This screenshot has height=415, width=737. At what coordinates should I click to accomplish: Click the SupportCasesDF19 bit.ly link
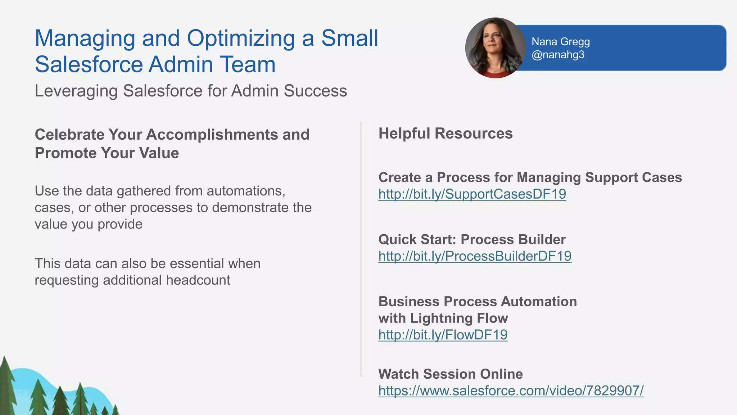point(472,194)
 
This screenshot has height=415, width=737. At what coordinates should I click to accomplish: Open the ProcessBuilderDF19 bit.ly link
point(475,256)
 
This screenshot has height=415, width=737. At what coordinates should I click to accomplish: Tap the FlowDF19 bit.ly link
point(443,335)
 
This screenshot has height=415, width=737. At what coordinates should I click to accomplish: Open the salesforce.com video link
point(511,391)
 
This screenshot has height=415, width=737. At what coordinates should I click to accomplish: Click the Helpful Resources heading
point(445,134)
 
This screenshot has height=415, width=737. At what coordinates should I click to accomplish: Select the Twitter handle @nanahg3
point(558,55)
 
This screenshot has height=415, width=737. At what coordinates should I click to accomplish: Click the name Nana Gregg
point(560,42)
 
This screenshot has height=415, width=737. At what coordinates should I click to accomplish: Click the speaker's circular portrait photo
point(495,48)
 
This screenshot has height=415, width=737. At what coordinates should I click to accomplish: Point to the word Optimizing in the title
point(241,39)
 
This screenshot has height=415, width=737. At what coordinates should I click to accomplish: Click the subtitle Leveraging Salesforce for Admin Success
point(191,91)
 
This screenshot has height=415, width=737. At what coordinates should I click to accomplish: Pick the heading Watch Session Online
point(450,374)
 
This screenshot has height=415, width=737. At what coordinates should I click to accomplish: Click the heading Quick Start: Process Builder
point(472,240)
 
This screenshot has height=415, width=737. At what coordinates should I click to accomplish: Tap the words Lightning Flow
point(459,319)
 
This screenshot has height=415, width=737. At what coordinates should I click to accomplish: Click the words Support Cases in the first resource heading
point(633,178)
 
